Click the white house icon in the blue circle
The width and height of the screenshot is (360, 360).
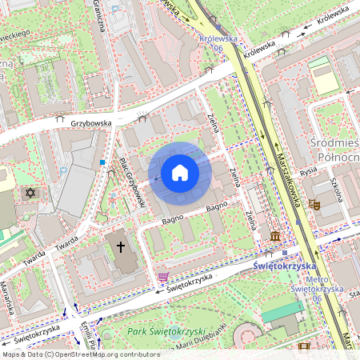pos(179,173)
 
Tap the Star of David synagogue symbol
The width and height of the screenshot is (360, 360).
pos(32,194)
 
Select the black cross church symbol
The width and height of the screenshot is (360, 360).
pos(122,247)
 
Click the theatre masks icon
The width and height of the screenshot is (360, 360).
pos(314,205)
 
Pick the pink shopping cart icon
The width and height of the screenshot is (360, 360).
pos(163,277)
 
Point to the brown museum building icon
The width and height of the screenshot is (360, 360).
pos(275,237)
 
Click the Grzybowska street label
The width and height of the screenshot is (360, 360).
pos(90,124)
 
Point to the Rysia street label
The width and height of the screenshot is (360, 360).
pos(308,170)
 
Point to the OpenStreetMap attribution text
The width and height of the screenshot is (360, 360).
pos(80,354)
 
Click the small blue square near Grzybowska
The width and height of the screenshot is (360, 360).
pos(102,162)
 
